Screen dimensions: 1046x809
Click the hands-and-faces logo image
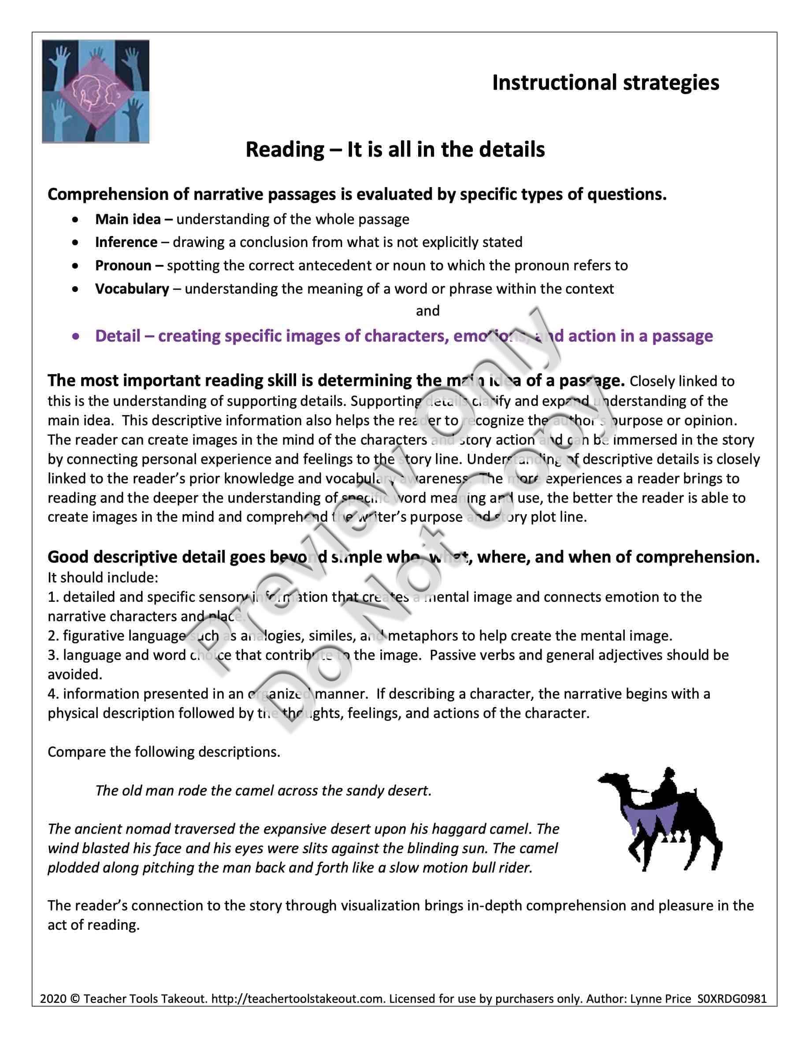pos(95,91)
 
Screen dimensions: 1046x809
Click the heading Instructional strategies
pos(605,82)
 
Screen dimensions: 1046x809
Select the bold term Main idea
pos(128,219)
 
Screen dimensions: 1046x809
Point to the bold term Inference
pos(126,242)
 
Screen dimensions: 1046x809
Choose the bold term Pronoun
pos(123,265)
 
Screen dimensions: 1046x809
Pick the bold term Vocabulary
pos(132,289)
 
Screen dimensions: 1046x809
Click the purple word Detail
pos(117,336)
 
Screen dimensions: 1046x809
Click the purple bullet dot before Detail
pos(75,337)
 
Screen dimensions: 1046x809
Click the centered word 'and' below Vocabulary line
pos(427,311)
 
